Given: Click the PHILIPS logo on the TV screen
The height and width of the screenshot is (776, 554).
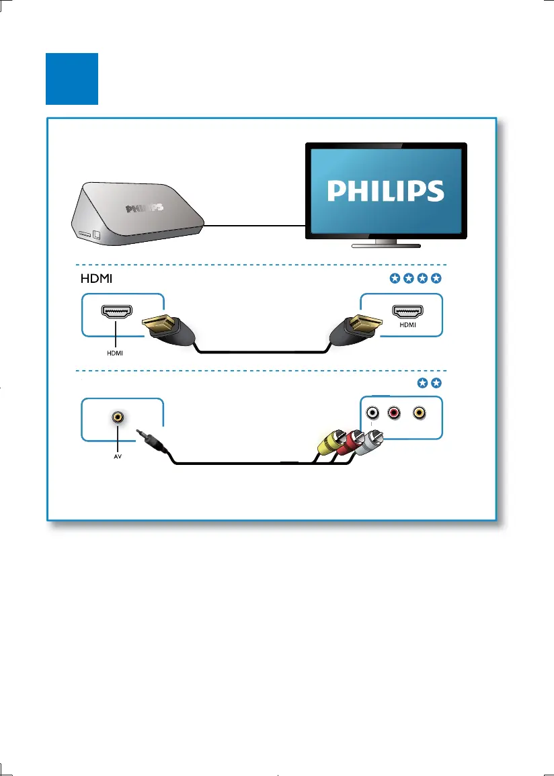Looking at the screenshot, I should [x=386, y=189].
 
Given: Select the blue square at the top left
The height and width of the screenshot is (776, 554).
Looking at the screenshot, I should [x=72, y=79].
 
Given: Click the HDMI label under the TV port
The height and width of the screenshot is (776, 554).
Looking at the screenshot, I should [x=408, y=325].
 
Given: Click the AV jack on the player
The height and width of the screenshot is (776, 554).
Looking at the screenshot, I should [x=118, y=417].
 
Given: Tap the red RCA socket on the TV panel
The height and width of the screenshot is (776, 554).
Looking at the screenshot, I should [x=392, y=413].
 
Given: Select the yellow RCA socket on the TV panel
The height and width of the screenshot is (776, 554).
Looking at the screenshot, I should [x=420, y=413].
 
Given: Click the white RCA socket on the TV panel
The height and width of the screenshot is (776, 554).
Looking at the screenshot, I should [x=371, y=413].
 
